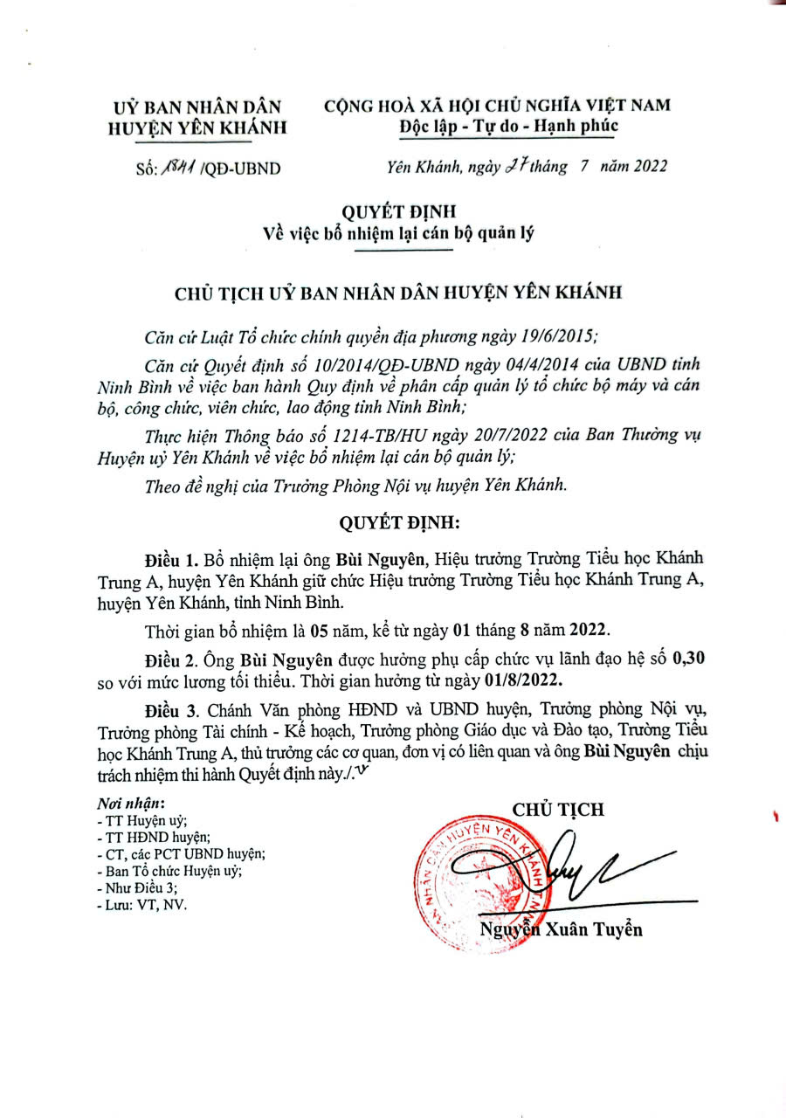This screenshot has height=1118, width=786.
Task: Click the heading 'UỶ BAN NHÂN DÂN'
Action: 198,107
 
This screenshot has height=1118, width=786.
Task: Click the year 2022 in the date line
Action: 647,166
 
